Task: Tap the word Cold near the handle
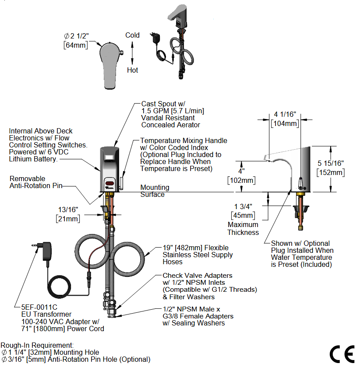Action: (132, 35)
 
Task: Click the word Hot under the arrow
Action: (132, 70)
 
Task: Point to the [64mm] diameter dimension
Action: (76, 45)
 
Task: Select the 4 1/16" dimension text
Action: (285, 115)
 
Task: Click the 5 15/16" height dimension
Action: (330, 163)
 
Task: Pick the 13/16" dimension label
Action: (67, 209)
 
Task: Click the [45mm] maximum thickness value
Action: (243, 215)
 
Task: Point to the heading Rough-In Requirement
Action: (37, 345)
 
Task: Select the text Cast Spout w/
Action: (161, 104)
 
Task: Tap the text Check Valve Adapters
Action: (197, 276)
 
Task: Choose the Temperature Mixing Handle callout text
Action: (184, 140)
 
